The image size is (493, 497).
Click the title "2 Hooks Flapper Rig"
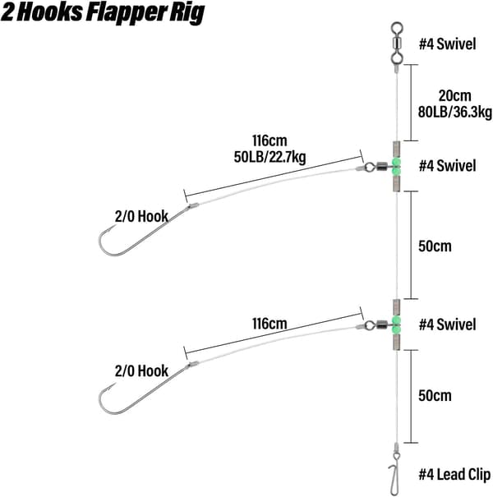click(x=103, y=12)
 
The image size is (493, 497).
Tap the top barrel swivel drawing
click(x=397, y=43)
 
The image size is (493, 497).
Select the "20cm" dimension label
click(x=454, y=95)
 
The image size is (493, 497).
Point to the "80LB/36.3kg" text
click(x=455, y=113)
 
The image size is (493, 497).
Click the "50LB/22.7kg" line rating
click(x=270, y=157)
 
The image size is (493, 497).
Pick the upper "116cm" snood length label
click(x=270, y=140)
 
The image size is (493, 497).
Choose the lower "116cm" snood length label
click(x=270, y=324)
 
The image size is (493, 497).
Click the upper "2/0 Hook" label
click(x=141, y=217)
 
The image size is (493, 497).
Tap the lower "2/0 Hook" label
click(x=141, y=370)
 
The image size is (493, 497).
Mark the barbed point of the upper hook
click(x=115, y=226)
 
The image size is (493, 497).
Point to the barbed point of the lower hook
click(x=115, y=384)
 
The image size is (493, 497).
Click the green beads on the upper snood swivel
click(x=396, y=167)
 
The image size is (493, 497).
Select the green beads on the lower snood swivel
click(x=396, y=325)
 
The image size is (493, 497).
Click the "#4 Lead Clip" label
click(x=454, y=475)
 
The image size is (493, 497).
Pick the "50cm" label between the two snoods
click(x=435, y=246)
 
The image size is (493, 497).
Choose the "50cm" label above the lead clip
click(x=435, y=396)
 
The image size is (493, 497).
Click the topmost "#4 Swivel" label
click(x=447, y=44)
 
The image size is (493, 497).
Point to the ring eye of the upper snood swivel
click(x=369, y=167)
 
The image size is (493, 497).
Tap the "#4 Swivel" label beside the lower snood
click(x=447, y=324)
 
